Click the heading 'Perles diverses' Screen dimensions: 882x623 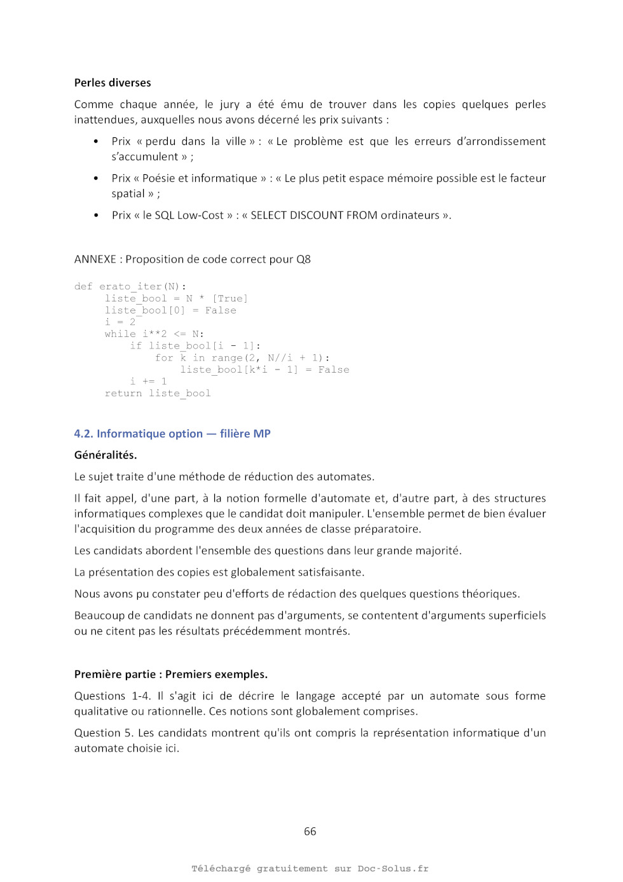[x=113, y=83]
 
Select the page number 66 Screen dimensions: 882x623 [x=310, y=831]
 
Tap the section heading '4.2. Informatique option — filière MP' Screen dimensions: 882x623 [x=172, y=434]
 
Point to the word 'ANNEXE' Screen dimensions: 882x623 [x=95, y=259]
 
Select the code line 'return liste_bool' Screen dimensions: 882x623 [x=158, y=394]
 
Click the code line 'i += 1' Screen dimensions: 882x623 [x=148, y=382]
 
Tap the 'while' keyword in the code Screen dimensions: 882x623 [x=120, y=334]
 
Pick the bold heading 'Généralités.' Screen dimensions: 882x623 [x=106, y=455]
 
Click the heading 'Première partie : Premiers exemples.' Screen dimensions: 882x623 [x=171, y=675]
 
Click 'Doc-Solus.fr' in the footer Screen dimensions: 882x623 [x=393, y=869]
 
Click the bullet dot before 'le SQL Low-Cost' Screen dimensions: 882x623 [x=96, y=216]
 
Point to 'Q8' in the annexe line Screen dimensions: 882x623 [x=303, y=259]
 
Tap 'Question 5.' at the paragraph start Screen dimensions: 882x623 [x=104, y=733]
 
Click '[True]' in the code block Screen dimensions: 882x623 [x=229, y=299]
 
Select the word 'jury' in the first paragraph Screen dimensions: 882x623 [x=229, y=105]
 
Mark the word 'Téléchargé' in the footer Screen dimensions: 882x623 [x=221, y=869]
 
